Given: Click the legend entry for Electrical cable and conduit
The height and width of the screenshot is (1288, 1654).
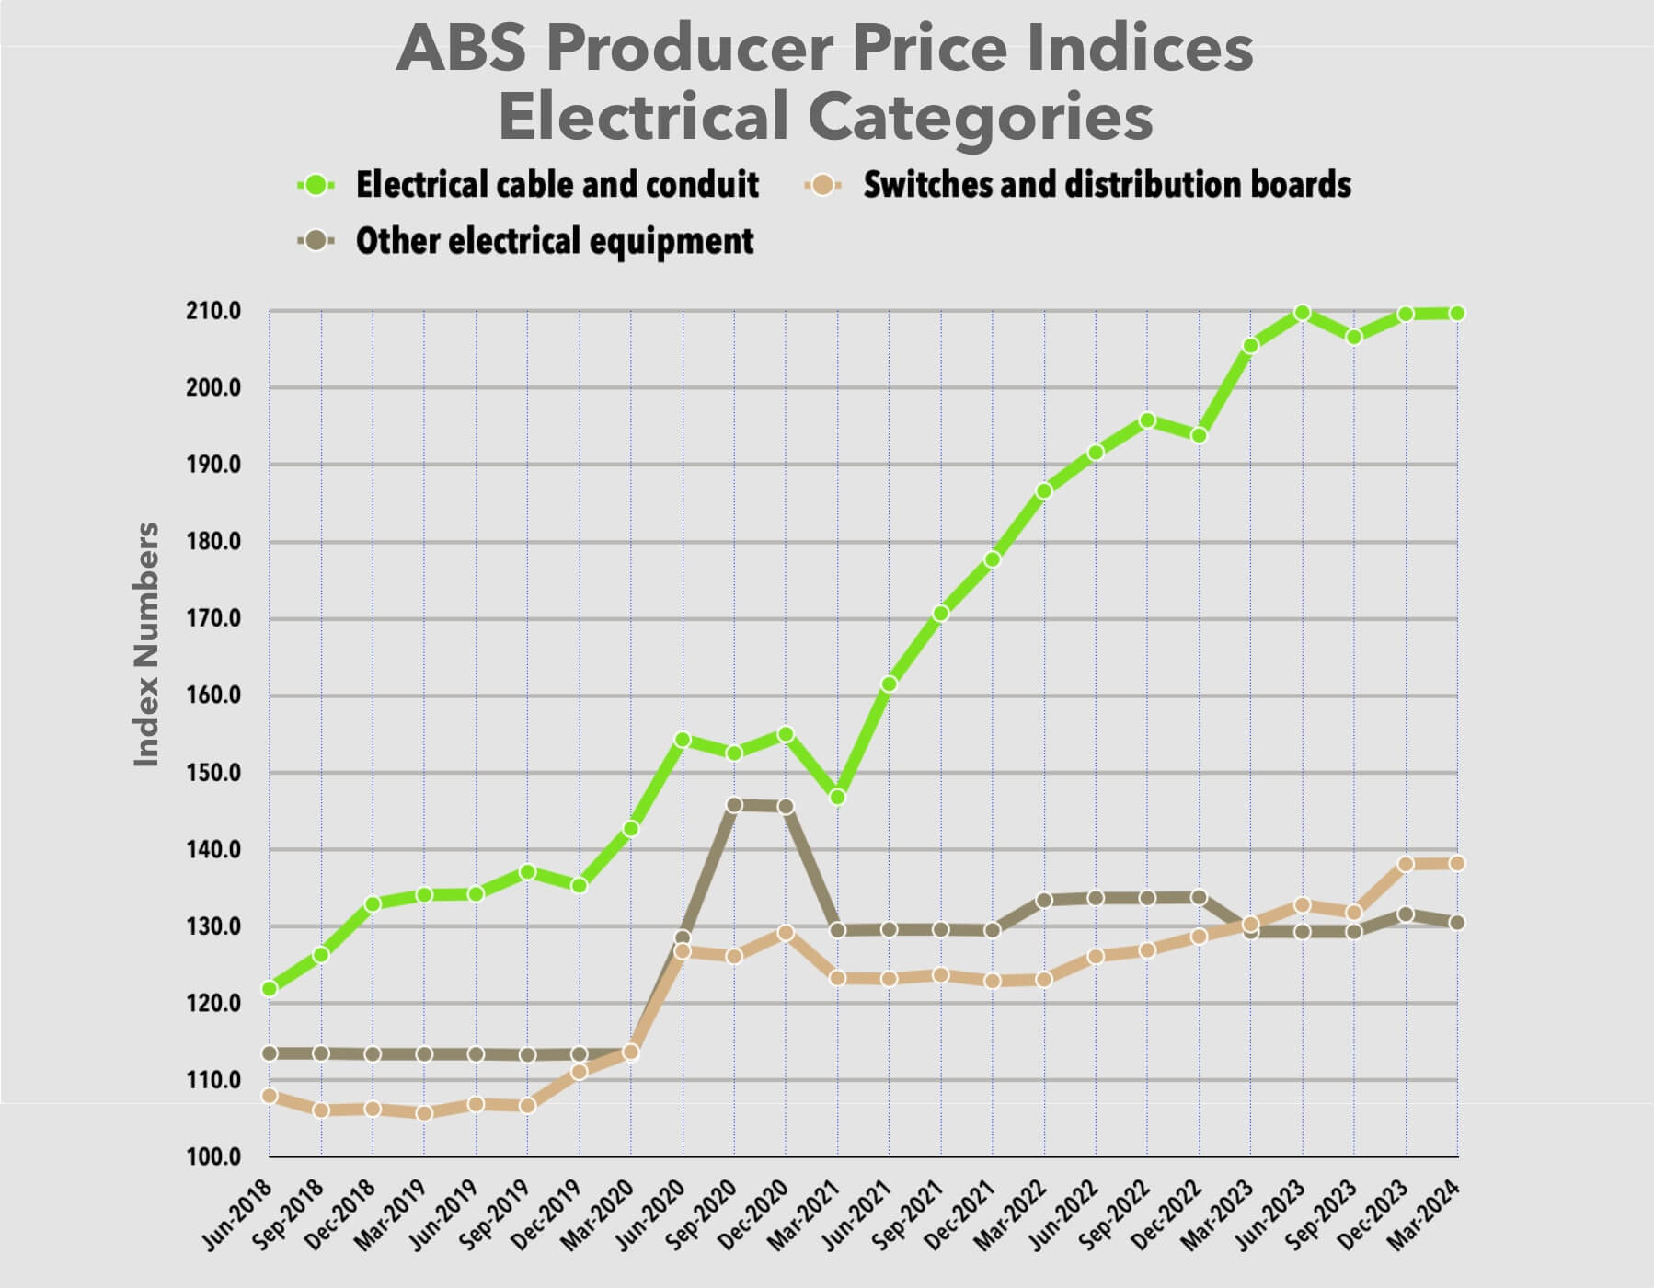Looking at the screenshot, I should point(557,185).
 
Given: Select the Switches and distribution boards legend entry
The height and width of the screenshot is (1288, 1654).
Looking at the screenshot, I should point(1107,185).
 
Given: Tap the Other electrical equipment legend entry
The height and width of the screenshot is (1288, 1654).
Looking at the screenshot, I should point(554,241).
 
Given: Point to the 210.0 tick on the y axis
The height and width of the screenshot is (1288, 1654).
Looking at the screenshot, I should point(214,311).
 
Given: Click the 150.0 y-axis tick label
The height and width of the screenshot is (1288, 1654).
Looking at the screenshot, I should point(214,773).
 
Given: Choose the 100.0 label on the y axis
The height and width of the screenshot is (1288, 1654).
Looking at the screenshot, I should point(214,1156).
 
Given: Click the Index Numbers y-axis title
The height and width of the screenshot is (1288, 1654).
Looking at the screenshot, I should point(147,644).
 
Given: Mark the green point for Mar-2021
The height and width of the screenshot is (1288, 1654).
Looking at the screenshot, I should point(837,797).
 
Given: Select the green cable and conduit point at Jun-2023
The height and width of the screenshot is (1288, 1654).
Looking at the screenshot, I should point(1303,313).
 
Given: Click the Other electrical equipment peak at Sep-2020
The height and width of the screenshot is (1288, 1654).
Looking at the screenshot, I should point(734,805).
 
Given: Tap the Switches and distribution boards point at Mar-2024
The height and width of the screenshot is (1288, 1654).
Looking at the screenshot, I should point(1457,863).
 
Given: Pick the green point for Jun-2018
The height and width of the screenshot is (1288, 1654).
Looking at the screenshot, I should point(270,988).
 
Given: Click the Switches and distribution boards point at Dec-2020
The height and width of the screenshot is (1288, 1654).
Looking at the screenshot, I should point(786,933).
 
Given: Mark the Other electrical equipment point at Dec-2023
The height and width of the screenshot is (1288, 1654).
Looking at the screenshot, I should point(1406,914).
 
